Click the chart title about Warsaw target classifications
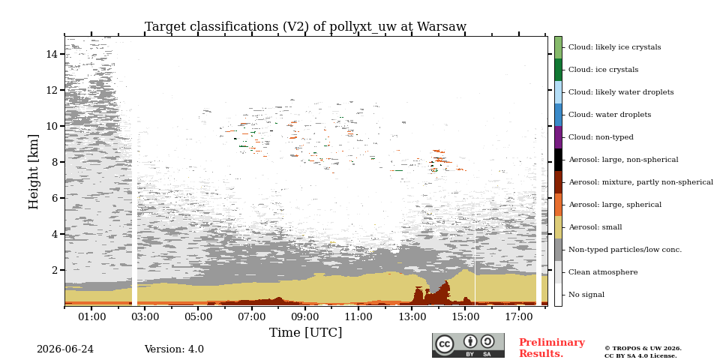click(x=305, y=27)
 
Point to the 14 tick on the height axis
click(x=52, y=54)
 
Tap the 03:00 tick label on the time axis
click(x=145, y=316)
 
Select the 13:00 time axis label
click(x=412, y=316)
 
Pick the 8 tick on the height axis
click(x=55, y=162)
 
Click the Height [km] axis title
click(x=34, y=171)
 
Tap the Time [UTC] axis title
click(x=305, y=332)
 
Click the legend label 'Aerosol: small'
click(x=595, y=227)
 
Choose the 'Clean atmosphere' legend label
click(x=603, y=272)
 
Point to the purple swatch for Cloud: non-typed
click(x=558, y=137)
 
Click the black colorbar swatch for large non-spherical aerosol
click(x=558, y=160)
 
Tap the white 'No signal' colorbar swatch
click(x=558, y=295)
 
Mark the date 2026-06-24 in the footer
click(x=65, y=349)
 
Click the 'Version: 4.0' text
click(x=174, y=349)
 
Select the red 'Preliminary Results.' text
click(x=552, y=347)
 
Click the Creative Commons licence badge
click(x=468, y=345)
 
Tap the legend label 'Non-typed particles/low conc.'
click(x=625, y=250)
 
